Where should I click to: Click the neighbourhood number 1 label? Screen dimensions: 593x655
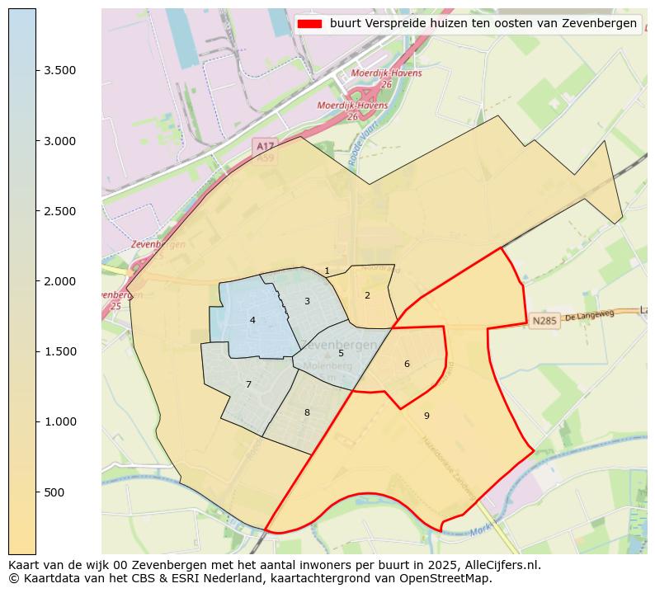[327, 271]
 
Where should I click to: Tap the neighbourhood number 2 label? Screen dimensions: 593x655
[367, 295]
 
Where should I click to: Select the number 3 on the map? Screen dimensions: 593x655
[307, 301]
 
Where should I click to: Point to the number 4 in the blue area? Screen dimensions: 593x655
[252, 320]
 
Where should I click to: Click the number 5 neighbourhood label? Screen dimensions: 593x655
[341, 353]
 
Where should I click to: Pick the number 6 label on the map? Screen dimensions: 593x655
[407, 364]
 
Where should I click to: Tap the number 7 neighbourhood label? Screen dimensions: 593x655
[248, 384]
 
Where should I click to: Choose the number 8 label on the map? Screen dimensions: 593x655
[307, 412]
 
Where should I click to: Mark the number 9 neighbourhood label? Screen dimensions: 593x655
[426, 416]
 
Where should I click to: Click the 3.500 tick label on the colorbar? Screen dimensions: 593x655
[60, 71]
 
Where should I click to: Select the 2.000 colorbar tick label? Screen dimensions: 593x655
[60, 281]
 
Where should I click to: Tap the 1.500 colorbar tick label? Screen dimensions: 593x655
[60, 352]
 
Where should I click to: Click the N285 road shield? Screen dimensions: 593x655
[544, 321]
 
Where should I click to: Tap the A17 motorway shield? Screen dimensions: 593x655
[265, 146]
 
